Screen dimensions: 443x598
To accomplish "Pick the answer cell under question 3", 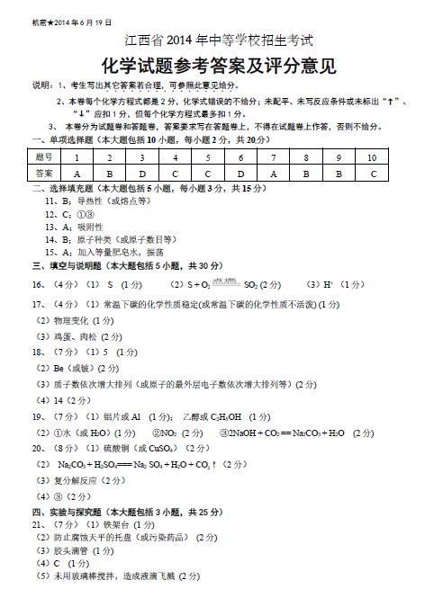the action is point(141,173).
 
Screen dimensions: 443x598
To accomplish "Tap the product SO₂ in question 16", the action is point(251,284).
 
